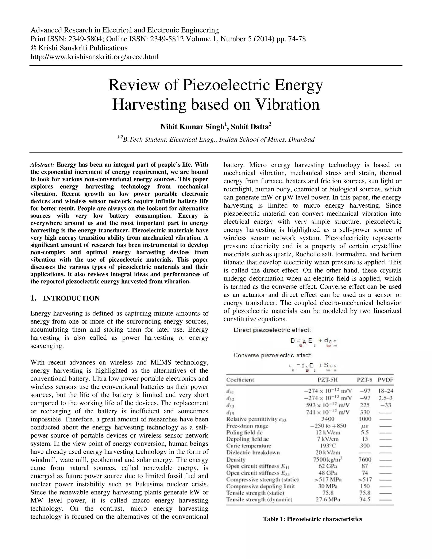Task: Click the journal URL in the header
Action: tap(94, 57)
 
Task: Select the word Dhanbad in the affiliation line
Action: tap(301, 139)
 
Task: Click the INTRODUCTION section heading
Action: tap(71, 298)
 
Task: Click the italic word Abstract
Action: tap(42, 165)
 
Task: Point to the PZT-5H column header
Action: tap(328, 380)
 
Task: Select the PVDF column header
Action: tap(385, 380)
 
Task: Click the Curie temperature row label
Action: tap(248, 446)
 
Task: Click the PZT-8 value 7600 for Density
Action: tap(365, 459)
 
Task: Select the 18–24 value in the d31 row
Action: tap(385, 391)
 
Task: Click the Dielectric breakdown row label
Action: tap(253, 452)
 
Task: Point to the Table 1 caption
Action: tap(312, 519)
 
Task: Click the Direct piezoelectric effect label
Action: tap(272, 330)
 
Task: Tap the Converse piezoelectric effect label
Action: tap(272, 355)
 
